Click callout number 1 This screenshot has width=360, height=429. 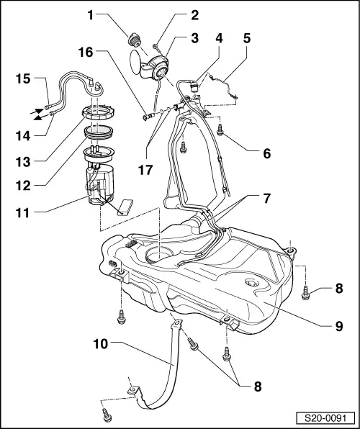tap(90, 13)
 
